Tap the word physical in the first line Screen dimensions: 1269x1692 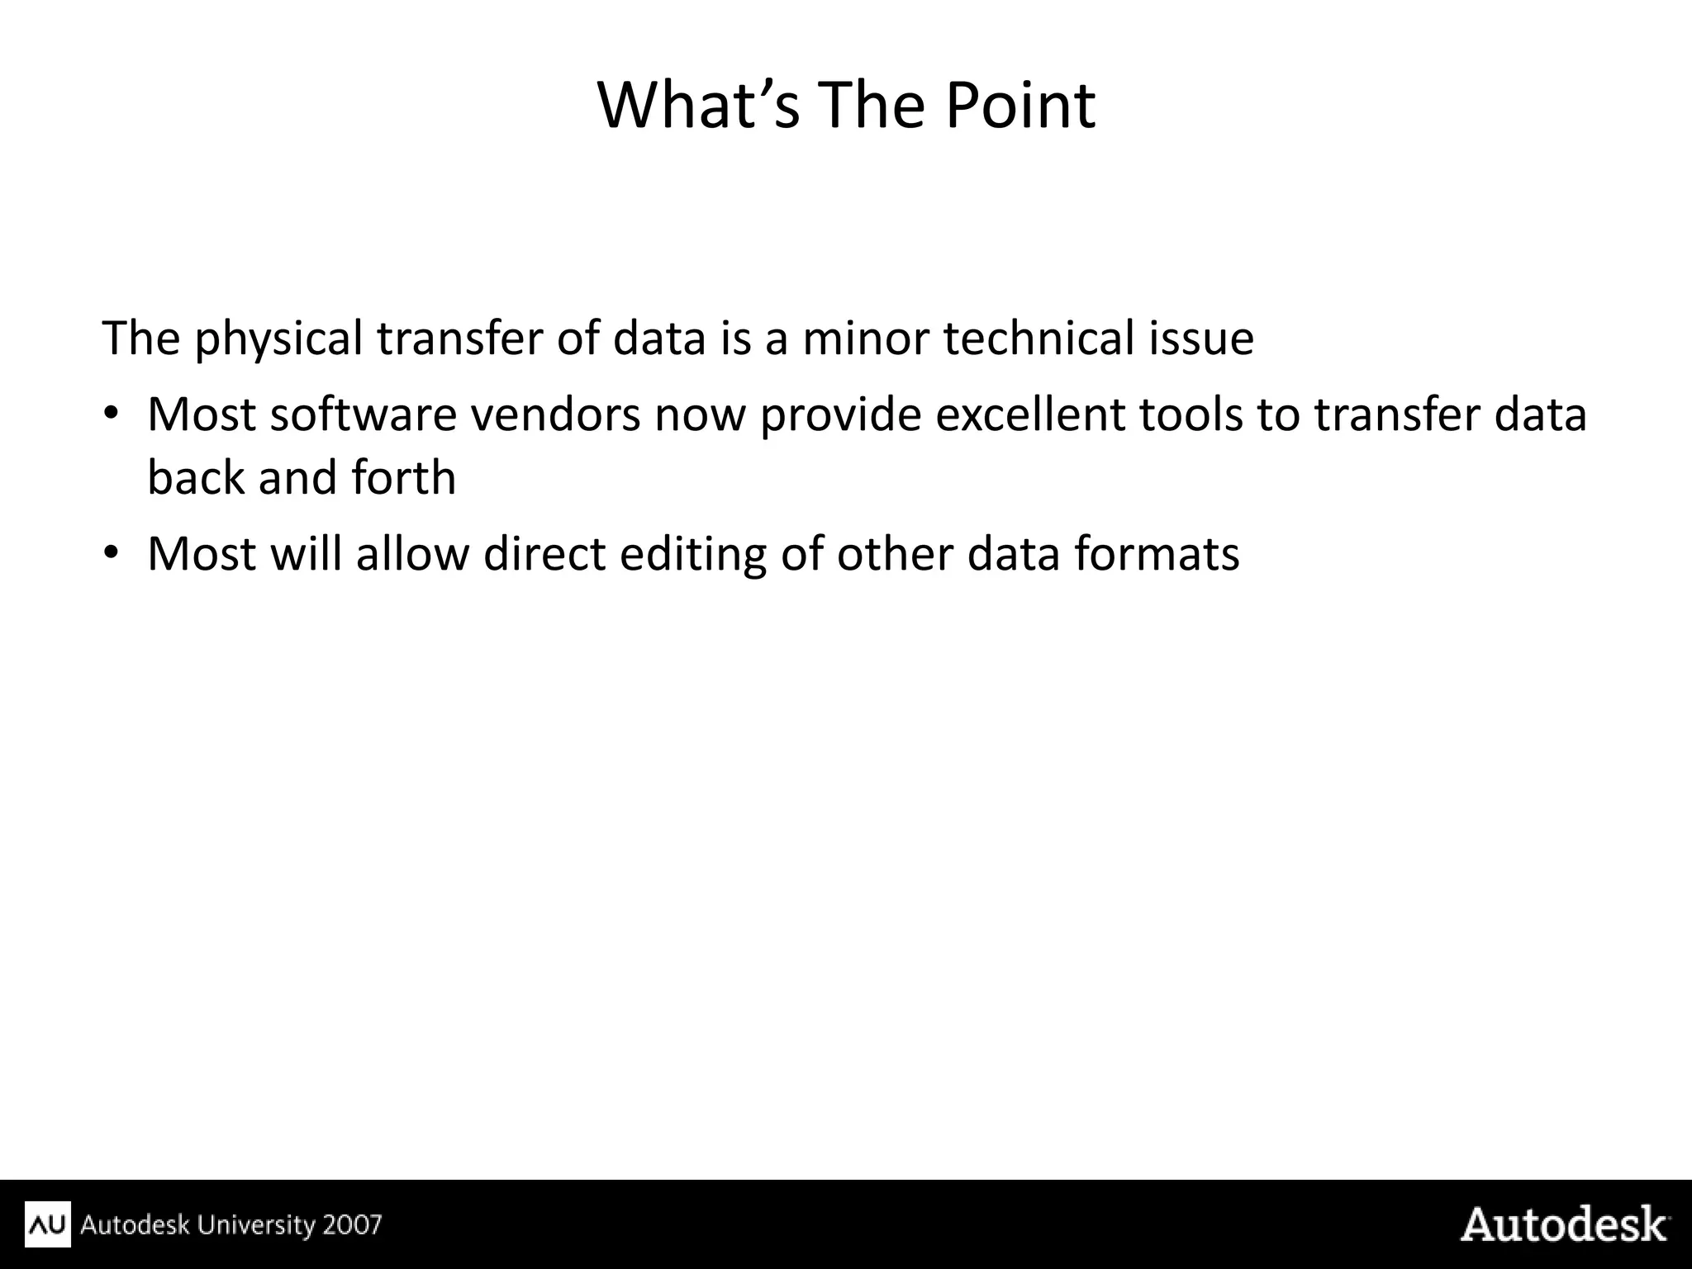278,339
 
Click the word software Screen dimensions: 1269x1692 363,414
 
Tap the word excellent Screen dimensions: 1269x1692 1029,414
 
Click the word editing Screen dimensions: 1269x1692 693,554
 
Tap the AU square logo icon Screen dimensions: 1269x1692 48,1224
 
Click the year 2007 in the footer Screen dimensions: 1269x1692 352,1224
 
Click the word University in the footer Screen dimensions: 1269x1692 257,1224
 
